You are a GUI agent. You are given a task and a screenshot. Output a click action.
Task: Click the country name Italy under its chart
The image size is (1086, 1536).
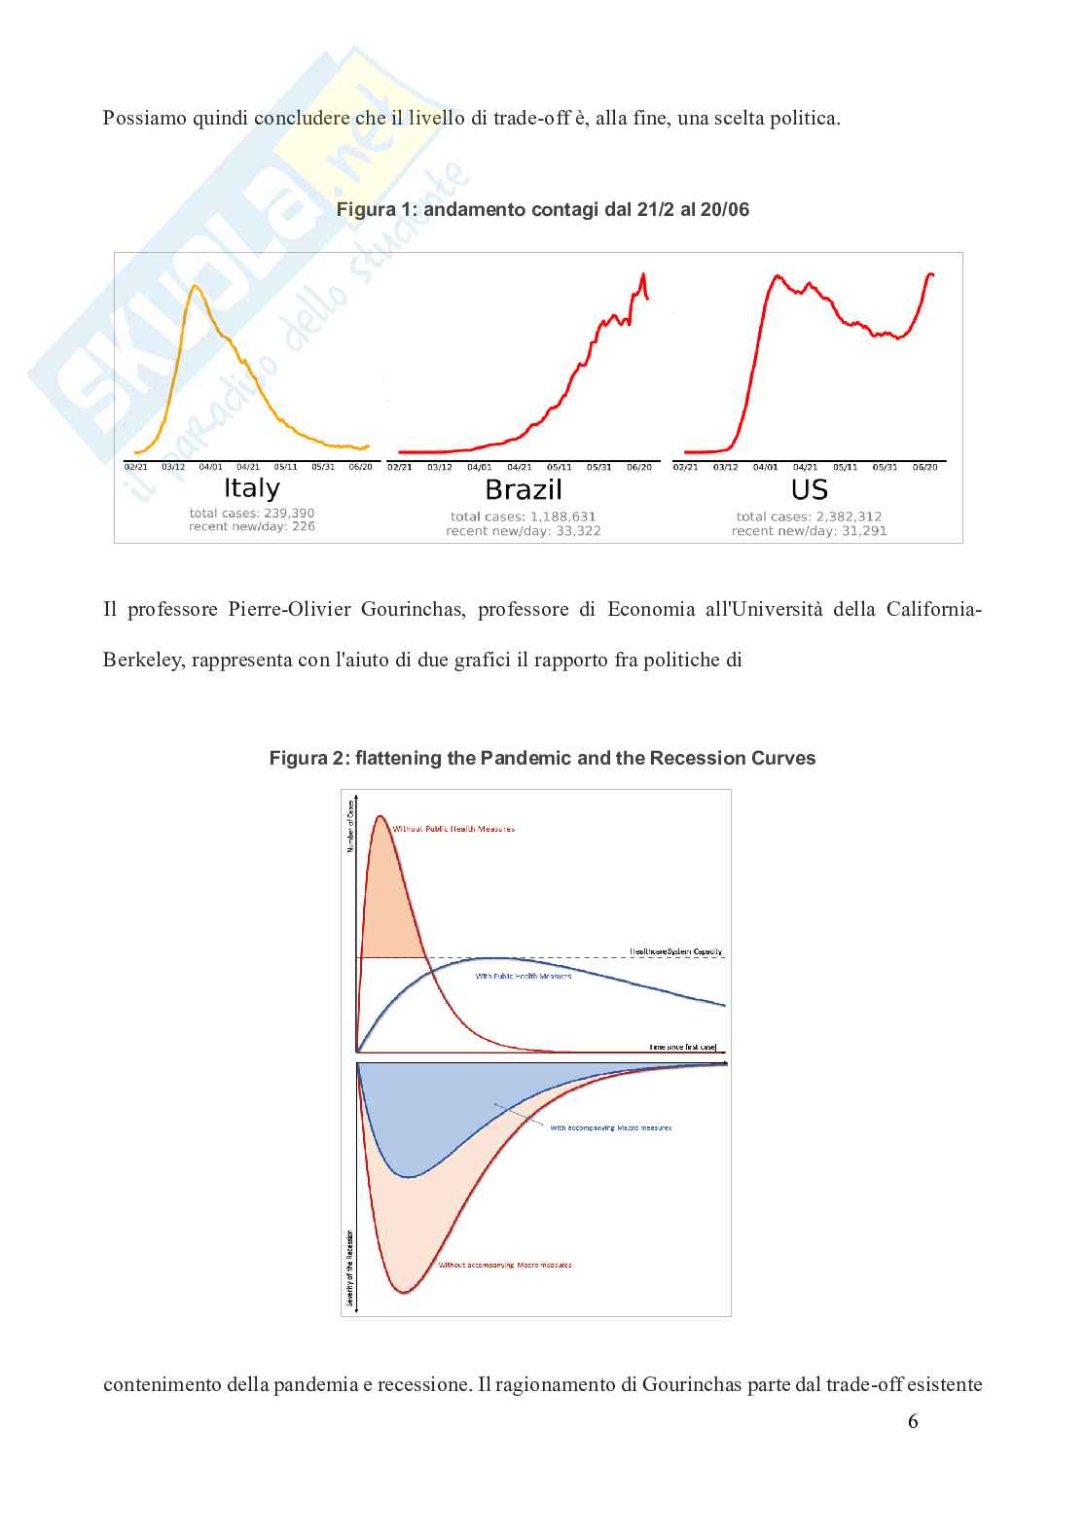(x=252, y=488)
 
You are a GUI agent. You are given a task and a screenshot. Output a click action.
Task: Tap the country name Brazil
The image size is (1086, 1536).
(x=524, y=489)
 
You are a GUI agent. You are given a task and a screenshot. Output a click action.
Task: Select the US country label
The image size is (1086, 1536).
(x=809, y=489)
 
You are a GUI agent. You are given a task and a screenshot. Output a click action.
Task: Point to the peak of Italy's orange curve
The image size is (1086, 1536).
(x=196, y=285)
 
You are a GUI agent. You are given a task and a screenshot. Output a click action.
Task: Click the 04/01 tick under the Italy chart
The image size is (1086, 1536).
(x=210, y=467)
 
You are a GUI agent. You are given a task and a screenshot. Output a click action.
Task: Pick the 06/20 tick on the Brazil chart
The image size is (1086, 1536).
(x=639, y=468)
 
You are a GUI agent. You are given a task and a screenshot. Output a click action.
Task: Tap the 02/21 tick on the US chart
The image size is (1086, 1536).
(x=685, y=468)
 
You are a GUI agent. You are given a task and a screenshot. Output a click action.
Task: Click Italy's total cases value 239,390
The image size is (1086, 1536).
(x=289, y=513)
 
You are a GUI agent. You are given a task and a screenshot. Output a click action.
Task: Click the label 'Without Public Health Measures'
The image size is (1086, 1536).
(x=453, y=829)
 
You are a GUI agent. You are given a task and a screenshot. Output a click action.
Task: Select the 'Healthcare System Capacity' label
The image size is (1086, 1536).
(x=676, y=951)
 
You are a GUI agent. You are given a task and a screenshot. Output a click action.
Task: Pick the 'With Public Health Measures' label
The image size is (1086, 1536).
(x=524, y=976)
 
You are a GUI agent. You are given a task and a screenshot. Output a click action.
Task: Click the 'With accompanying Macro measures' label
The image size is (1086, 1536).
(x=611, y=1128)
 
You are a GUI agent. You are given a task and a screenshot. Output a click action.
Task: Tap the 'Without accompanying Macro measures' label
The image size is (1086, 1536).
(x=505, y=1266)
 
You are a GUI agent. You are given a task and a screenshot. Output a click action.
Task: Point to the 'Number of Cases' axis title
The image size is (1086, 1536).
(x=350, y=827)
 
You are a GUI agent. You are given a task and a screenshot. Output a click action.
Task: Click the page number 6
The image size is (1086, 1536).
(x=913, y=1421)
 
